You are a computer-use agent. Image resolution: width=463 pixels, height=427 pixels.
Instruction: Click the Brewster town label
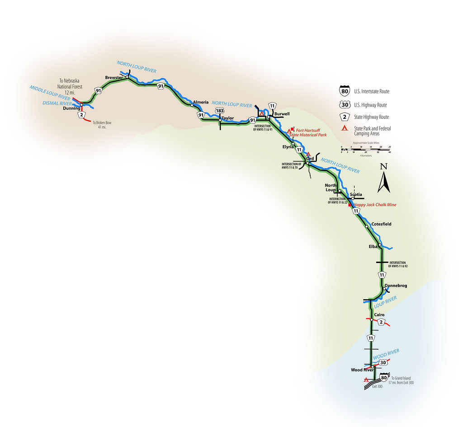(x=114, y=78)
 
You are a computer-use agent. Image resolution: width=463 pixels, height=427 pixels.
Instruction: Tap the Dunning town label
(x=72, y=108)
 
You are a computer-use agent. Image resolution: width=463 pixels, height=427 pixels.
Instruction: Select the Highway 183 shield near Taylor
(x=220, y=111)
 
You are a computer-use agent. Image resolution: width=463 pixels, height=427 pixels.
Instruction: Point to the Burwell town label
(x=282, y=114)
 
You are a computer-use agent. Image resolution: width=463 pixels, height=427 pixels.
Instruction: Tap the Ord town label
(x=310, y=159)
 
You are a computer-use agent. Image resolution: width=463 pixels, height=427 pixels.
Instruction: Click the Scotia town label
(x=356, y=195)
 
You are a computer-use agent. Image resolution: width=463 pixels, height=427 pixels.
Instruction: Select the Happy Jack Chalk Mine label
(x=375, y=205)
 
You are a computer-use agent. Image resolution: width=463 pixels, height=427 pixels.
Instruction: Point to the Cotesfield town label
(x=381, y=224)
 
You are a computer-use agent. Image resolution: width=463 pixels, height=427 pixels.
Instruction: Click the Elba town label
(x=374, y=246)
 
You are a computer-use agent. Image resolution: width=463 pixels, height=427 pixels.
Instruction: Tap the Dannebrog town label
(x=396, y=286)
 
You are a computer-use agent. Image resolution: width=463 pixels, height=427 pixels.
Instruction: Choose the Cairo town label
(x=379, y=314)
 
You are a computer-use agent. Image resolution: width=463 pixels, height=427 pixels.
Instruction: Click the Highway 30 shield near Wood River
(x=383, y=362)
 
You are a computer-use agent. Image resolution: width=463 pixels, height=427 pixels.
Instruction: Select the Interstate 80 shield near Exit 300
(x=384, y=378)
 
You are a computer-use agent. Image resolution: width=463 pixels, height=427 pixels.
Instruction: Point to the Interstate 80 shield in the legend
(x=345, y=91)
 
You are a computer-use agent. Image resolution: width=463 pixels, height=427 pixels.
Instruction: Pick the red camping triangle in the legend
(x=345, y=129)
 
